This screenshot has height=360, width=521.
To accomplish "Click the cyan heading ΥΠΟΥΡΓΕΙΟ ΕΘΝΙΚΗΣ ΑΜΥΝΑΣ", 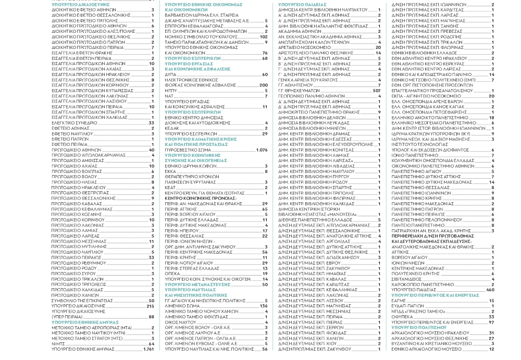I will click(x=81, y=323).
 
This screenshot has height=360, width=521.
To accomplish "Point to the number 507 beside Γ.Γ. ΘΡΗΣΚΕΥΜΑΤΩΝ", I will click(x=377, y=91).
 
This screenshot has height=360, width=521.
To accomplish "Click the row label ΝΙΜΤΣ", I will click(x=58, y=344).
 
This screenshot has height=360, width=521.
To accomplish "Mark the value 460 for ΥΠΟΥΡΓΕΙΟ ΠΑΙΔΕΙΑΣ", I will click(x=490, y=289).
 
